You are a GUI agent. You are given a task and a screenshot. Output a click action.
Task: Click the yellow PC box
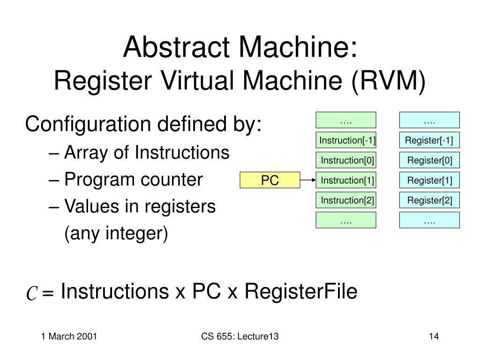coord(270,180)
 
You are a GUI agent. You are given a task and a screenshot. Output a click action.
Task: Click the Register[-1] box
coord(429,140)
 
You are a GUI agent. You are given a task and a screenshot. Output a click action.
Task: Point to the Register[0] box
coord(429,160)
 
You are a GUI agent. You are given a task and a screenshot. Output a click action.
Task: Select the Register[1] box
coord(429,180)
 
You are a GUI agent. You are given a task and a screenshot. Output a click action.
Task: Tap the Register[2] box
coord(429,201)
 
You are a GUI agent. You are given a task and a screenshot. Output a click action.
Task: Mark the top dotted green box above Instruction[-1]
coord(346,120)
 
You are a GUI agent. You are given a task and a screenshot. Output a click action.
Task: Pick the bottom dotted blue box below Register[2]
coord(429,220)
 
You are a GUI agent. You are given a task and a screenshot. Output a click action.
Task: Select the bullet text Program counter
coord(133,180)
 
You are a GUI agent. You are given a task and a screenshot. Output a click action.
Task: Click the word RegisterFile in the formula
coord(301,292)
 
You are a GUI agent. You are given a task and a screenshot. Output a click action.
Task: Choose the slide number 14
coord(433,336)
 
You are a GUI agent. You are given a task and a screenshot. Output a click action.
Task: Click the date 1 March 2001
coord(69,336)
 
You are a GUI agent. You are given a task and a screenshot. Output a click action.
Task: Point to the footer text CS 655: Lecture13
coord(240,336)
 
